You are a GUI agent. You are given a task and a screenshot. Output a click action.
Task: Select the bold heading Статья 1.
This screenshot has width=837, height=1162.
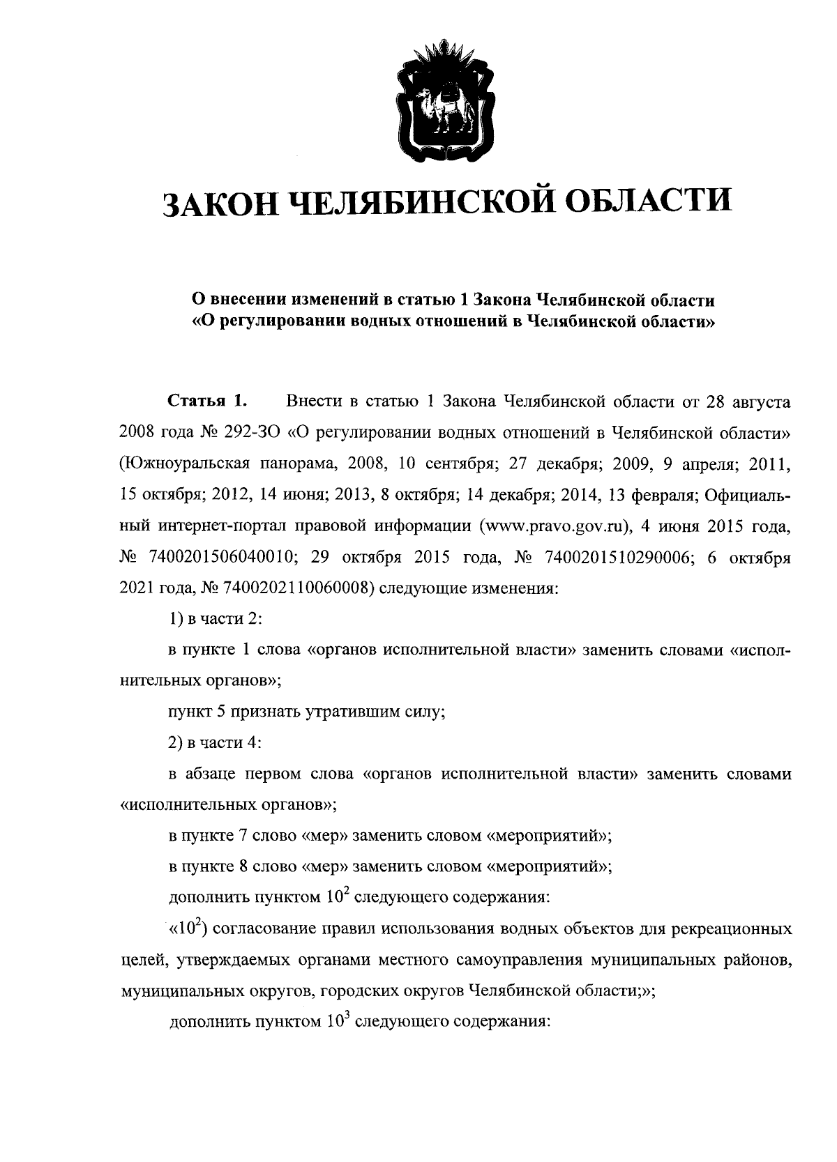(x=207, y=402)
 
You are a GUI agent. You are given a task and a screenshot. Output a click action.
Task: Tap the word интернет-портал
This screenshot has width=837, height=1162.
(x=207, y=526)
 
